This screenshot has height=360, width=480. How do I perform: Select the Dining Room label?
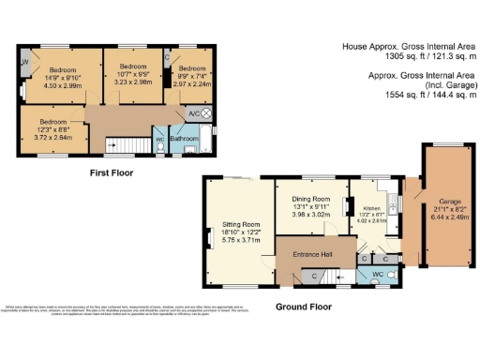click(311, 200)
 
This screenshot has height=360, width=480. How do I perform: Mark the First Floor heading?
click(112, 172)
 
